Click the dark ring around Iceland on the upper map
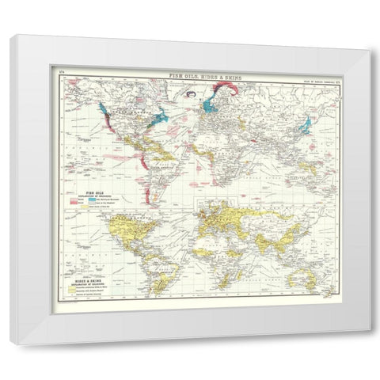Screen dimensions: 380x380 (x=191, y=97)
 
